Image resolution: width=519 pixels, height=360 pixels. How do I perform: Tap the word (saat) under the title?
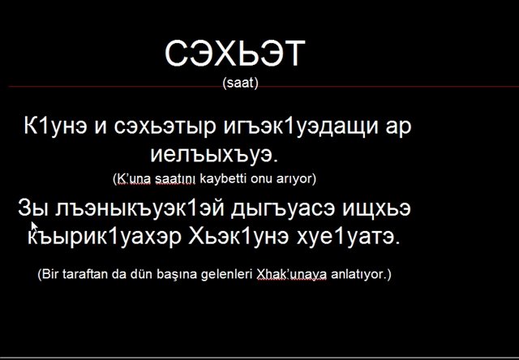coord(241,83)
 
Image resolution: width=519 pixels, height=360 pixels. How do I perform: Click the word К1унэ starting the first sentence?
coord(55,126)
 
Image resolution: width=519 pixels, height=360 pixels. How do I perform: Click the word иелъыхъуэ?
coord(214,155)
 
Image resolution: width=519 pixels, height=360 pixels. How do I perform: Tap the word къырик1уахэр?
coord(105,236)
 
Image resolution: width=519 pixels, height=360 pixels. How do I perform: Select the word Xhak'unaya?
coord(292,274)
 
